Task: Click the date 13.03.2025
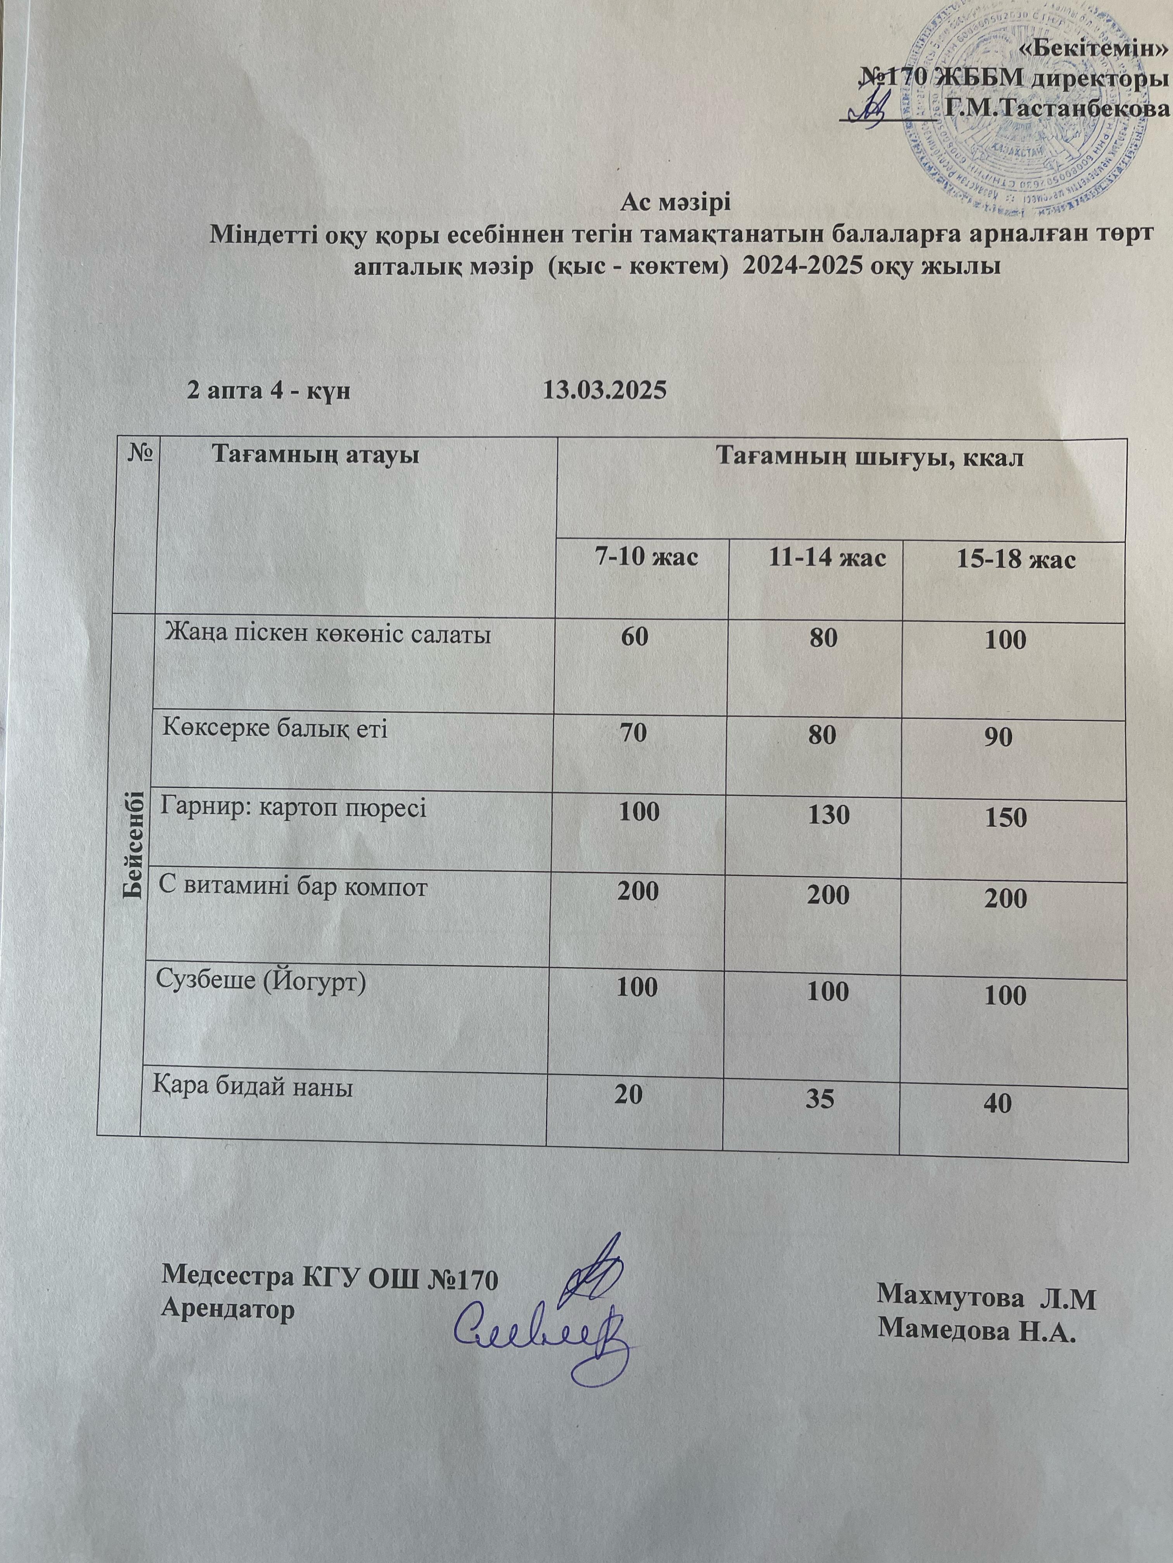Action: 604,389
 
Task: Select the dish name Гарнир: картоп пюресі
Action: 293,806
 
